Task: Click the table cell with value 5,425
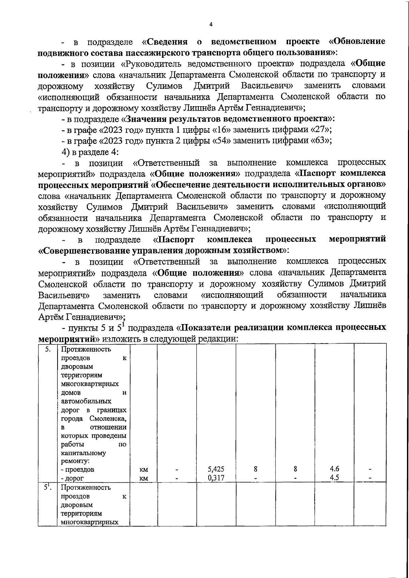pos(216,469)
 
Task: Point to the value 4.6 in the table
pos(334,469)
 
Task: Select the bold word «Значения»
pos(144,119)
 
